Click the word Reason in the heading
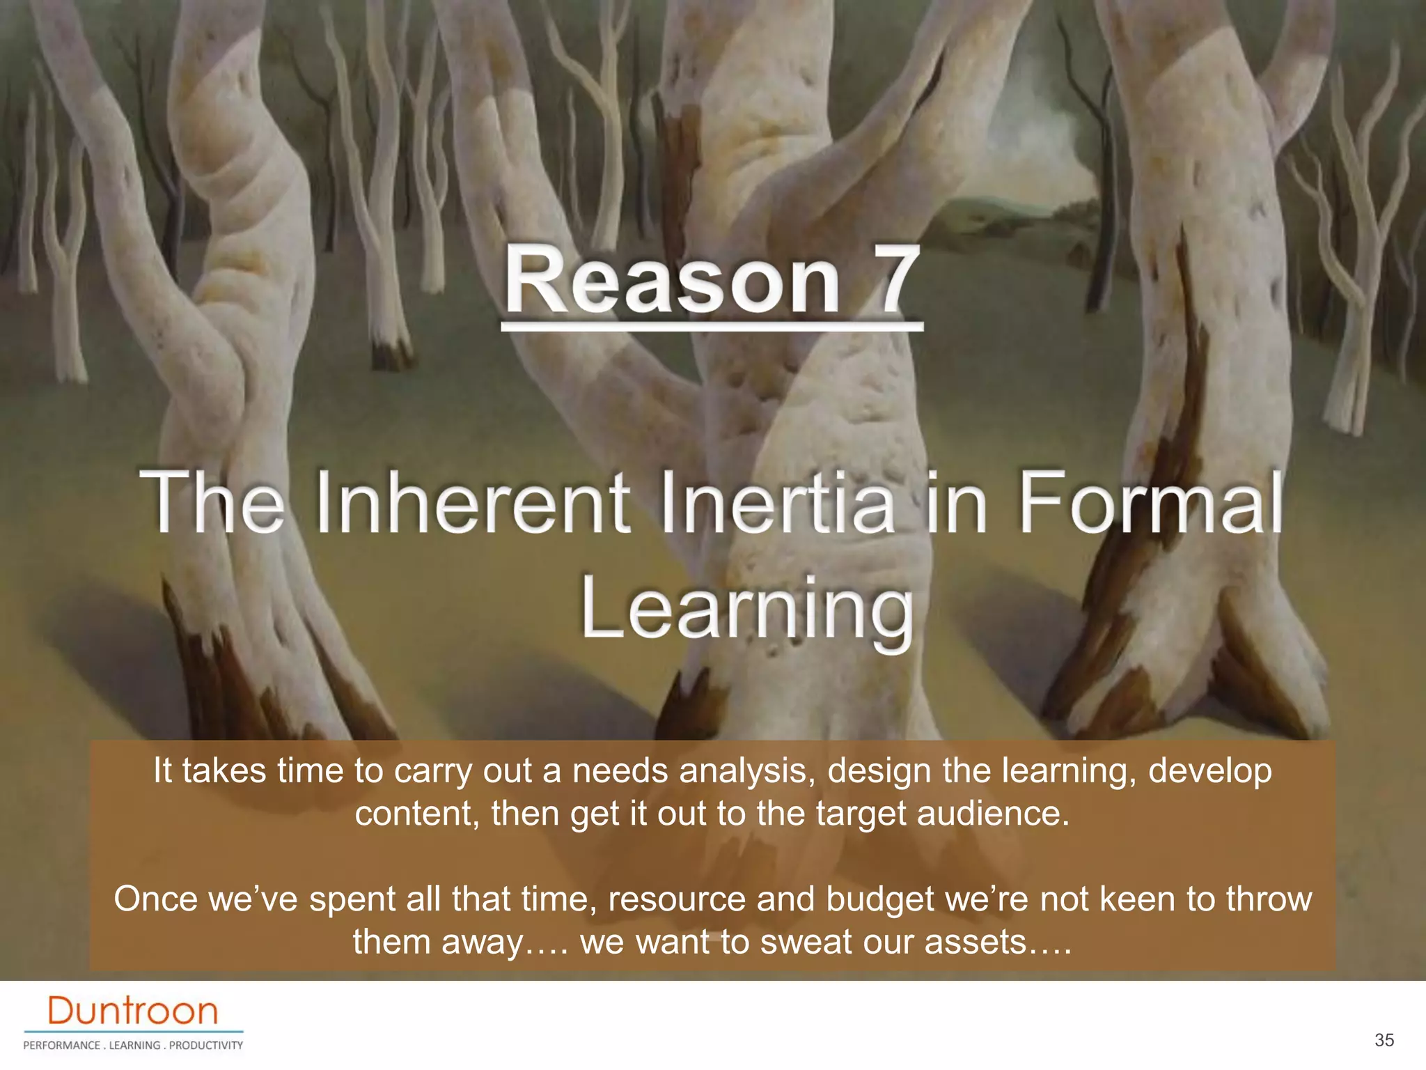(673, 281)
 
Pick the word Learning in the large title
(746, 609)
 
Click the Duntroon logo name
(133, 1011)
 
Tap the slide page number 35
(1384, 1040)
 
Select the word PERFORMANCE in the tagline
(62, 1045)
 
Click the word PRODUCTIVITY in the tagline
(206, 1045)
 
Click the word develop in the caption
(1210, 772)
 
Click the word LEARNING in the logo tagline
(134, 1045)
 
